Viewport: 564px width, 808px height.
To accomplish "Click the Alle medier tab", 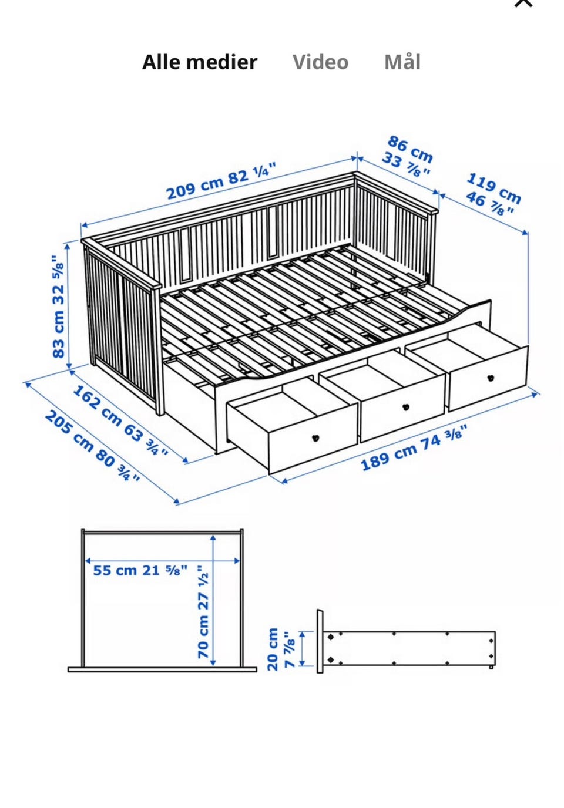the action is [x=200, y=62].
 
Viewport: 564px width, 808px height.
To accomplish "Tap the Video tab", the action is [x=320, y=62].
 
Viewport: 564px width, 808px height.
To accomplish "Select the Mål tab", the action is [x=402, y=62].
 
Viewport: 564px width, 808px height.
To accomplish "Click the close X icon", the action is [x=523, y=3].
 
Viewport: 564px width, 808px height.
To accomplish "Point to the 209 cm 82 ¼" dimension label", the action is [x=221, y=181].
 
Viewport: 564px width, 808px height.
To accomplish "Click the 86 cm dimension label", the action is [x=410, y=149].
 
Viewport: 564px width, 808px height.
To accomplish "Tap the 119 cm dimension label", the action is [x=493, y=188].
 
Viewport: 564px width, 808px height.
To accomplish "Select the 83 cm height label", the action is [x=59, y=307].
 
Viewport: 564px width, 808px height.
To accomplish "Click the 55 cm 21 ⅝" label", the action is [x=140, y=570].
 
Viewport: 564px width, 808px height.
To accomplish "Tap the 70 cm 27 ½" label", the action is [x=203, y=612].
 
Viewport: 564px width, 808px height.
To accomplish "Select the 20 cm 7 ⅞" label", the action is [x=281, y=649].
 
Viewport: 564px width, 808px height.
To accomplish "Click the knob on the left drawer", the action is [x=315, y=438].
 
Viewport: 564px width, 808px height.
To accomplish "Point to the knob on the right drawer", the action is [x=490, y=378].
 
